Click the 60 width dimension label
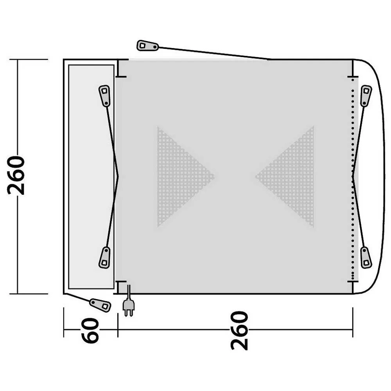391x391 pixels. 90,330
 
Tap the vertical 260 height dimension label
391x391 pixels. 16,175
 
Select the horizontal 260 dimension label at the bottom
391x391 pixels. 239,330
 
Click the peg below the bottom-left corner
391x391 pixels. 100,305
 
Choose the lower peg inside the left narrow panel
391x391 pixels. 104,257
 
